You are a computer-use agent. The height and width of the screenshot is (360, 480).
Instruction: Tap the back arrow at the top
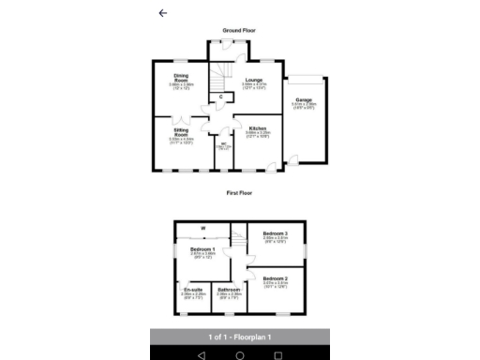tap(163, 13)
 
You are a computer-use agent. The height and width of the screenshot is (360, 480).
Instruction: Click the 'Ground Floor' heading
tap(239, 31)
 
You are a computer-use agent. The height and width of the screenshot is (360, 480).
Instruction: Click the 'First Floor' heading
tap(239, 192)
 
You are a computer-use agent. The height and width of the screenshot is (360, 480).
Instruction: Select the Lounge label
tap(254, 81)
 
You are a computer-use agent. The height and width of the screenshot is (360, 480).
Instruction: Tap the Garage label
tap(303, 98)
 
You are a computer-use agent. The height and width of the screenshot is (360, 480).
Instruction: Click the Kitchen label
tap(258, 127)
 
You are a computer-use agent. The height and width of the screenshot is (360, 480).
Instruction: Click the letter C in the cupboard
tap(220, 97)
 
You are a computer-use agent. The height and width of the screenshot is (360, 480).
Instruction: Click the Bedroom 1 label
tap(203, 248)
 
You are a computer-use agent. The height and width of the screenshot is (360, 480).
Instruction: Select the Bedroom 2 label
tap(275, 279)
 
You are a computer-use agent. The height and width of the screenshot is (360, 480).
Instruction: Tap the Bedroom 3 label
tap(275, 232)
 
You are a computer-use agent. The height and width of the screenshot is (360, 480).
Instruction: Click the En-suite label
tap(193, 291)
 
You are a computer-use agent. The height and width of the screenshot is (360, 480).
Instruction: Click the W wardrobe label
tap(202, 228)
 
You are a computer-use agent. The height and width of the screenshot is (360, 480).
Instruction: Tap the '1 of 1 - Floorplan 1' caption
tap(239, 337)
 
